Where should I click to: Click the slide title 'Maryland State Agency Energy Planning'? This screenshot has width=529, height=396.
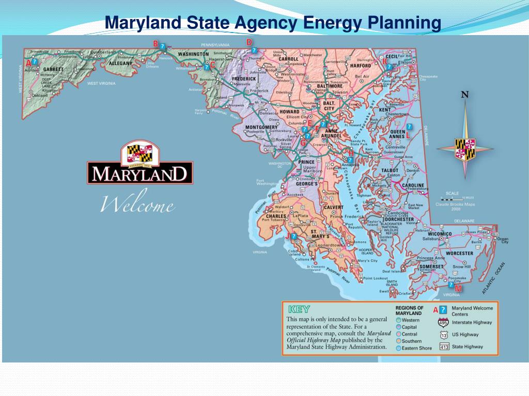click(273, 23)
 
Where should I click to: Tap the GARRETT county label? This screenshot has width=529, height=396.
click(53, 69)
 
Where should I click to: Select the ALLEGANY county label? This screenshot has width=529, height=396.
click(121, 63)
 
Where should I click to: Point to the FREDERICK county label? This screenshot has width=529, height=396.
click(244, 79)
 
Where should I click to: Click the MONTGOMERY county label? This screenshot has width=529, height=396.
click(261, 127)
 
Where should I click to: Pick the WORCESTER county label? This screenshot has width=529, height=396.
click(459, 253)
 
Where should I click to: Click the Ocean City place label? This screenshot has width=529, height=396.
click(502, 241)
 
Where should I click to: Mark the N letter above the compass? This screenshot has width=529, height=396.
click(465, 95)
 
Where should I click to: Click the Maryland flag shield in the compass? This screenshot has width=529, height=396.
click(465, 148)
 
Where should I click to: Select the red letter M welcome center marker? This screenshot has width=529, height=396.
click(458, 289)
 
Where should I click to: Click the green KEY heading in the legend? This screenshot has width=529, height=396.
click(299, 309)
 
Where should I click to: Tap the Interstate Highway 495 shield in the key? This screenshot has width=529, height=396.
click(443, 323)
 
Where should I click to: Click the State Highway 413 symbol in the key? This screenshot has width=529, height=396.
click(443, 347)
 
